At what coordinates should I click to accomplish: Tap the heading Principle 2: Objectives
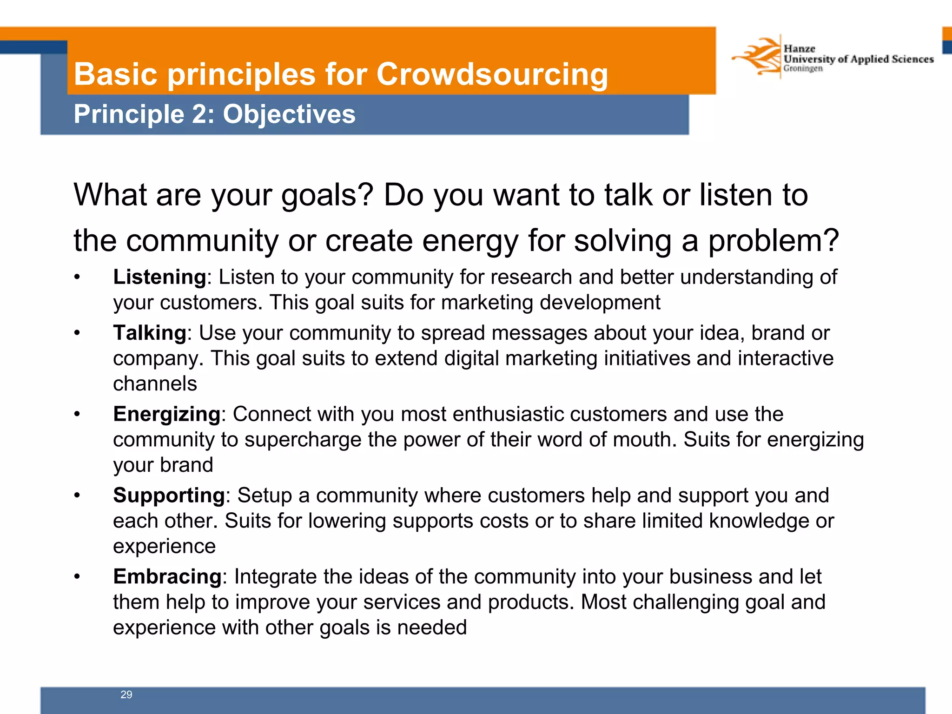(x=214, y=114)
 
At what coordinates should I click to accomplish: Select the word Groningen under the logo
(x=803, y=69)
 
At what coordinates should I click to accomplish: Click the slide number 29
(x=126, y=694)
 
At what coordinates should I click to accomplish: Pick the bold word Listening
(x=159, y=277)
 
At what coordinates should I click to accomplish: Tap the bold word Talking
(x=150, y=333)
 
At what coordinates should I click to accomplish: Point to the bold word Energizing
(x=166, y=414)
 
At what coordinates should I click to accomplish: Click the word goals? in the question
(x=327, y=195)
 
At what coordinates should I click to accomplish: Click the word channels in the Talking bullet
(x=155, y=384)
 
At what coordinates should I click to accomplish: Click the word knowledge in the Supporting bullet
(x=759, y=521)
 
